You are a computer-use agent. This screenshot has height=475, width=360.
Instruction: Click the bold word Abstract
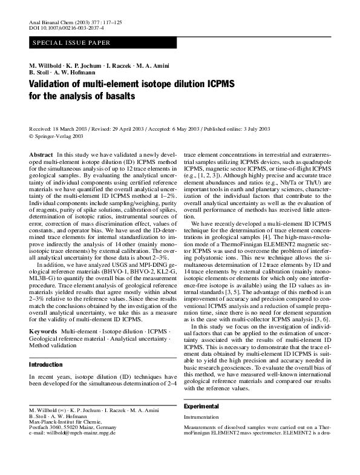tap(41, 156)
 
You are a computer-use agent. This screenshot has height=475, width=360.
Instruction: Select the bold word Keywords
tap(44, 333)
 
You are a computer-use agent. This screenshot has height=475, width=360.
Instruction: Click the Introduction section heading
tap(46, 365)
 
